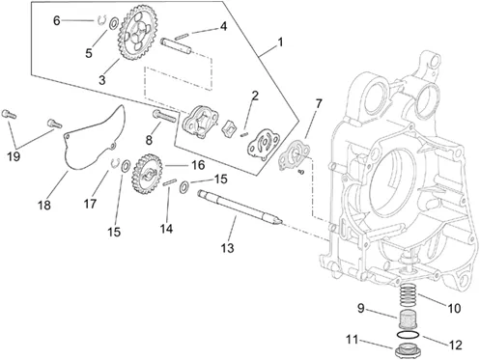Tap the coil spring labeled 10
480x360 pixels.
pyautogui.click(x=409, y=294)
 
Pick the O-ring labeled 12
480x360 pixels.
pyautogui.click(x=408, y=335)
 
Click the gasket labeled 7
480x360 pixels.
pyautogui.click(x=294, y=155)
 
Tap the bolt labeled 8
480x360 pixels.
pyautogui.click(x=164, y=115)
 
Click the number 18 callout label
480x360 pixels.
pyautogui.click(x=44, y=205)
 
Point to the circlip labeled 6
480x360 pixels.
pyautogui.click(x=101, y=20)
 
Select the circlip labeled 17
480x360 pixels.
pyautogui.click(x=115, y=163)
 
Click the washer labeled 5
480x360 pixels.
pyautogui.click(x=113, y=24)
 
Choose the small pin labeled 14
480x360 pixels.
pyautogui.click(x=169, y=182)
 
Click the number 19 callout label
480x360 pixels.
pyautogui.click(x=14, y=156)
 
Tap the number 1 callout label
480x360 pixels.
pyautogui.click(x=280, y=42)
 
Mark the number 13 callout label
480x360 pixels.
pyautogui.click(x=227, y=248)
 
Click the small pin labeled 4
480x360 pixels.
pyautogui.click(x=183, y=36)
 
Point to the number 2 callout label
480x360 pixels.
pyautogui.click(x=255, y=96)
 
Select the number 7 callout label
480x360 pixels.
pyautogui.click(x=319, y=104)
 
